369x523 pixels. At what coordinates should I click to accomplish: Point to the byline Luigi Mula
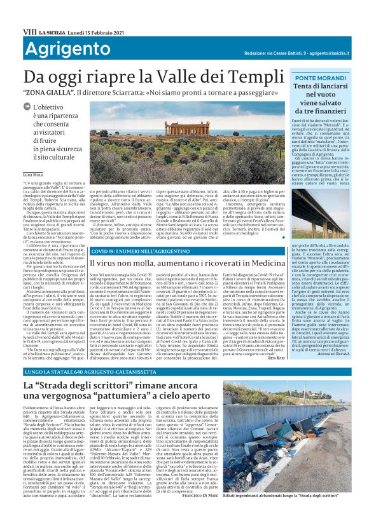coord(33,173)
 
